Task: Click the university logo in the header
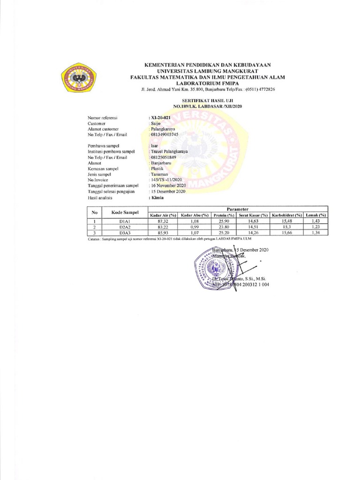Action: [78, 77]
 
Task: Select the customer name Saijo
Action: [156, 123]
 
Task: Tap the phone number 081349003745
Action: [165, 135]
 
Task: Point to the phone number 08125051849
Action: [164, 157]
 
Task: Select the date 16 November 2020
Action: [168, 186]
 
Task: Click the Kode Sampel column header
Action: [125, 212]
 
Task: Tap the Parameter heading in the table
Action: [237, 209]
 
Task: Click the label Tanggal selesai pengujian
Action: [111, 192]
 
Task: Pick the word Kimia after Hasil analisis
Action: [156, 198]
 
